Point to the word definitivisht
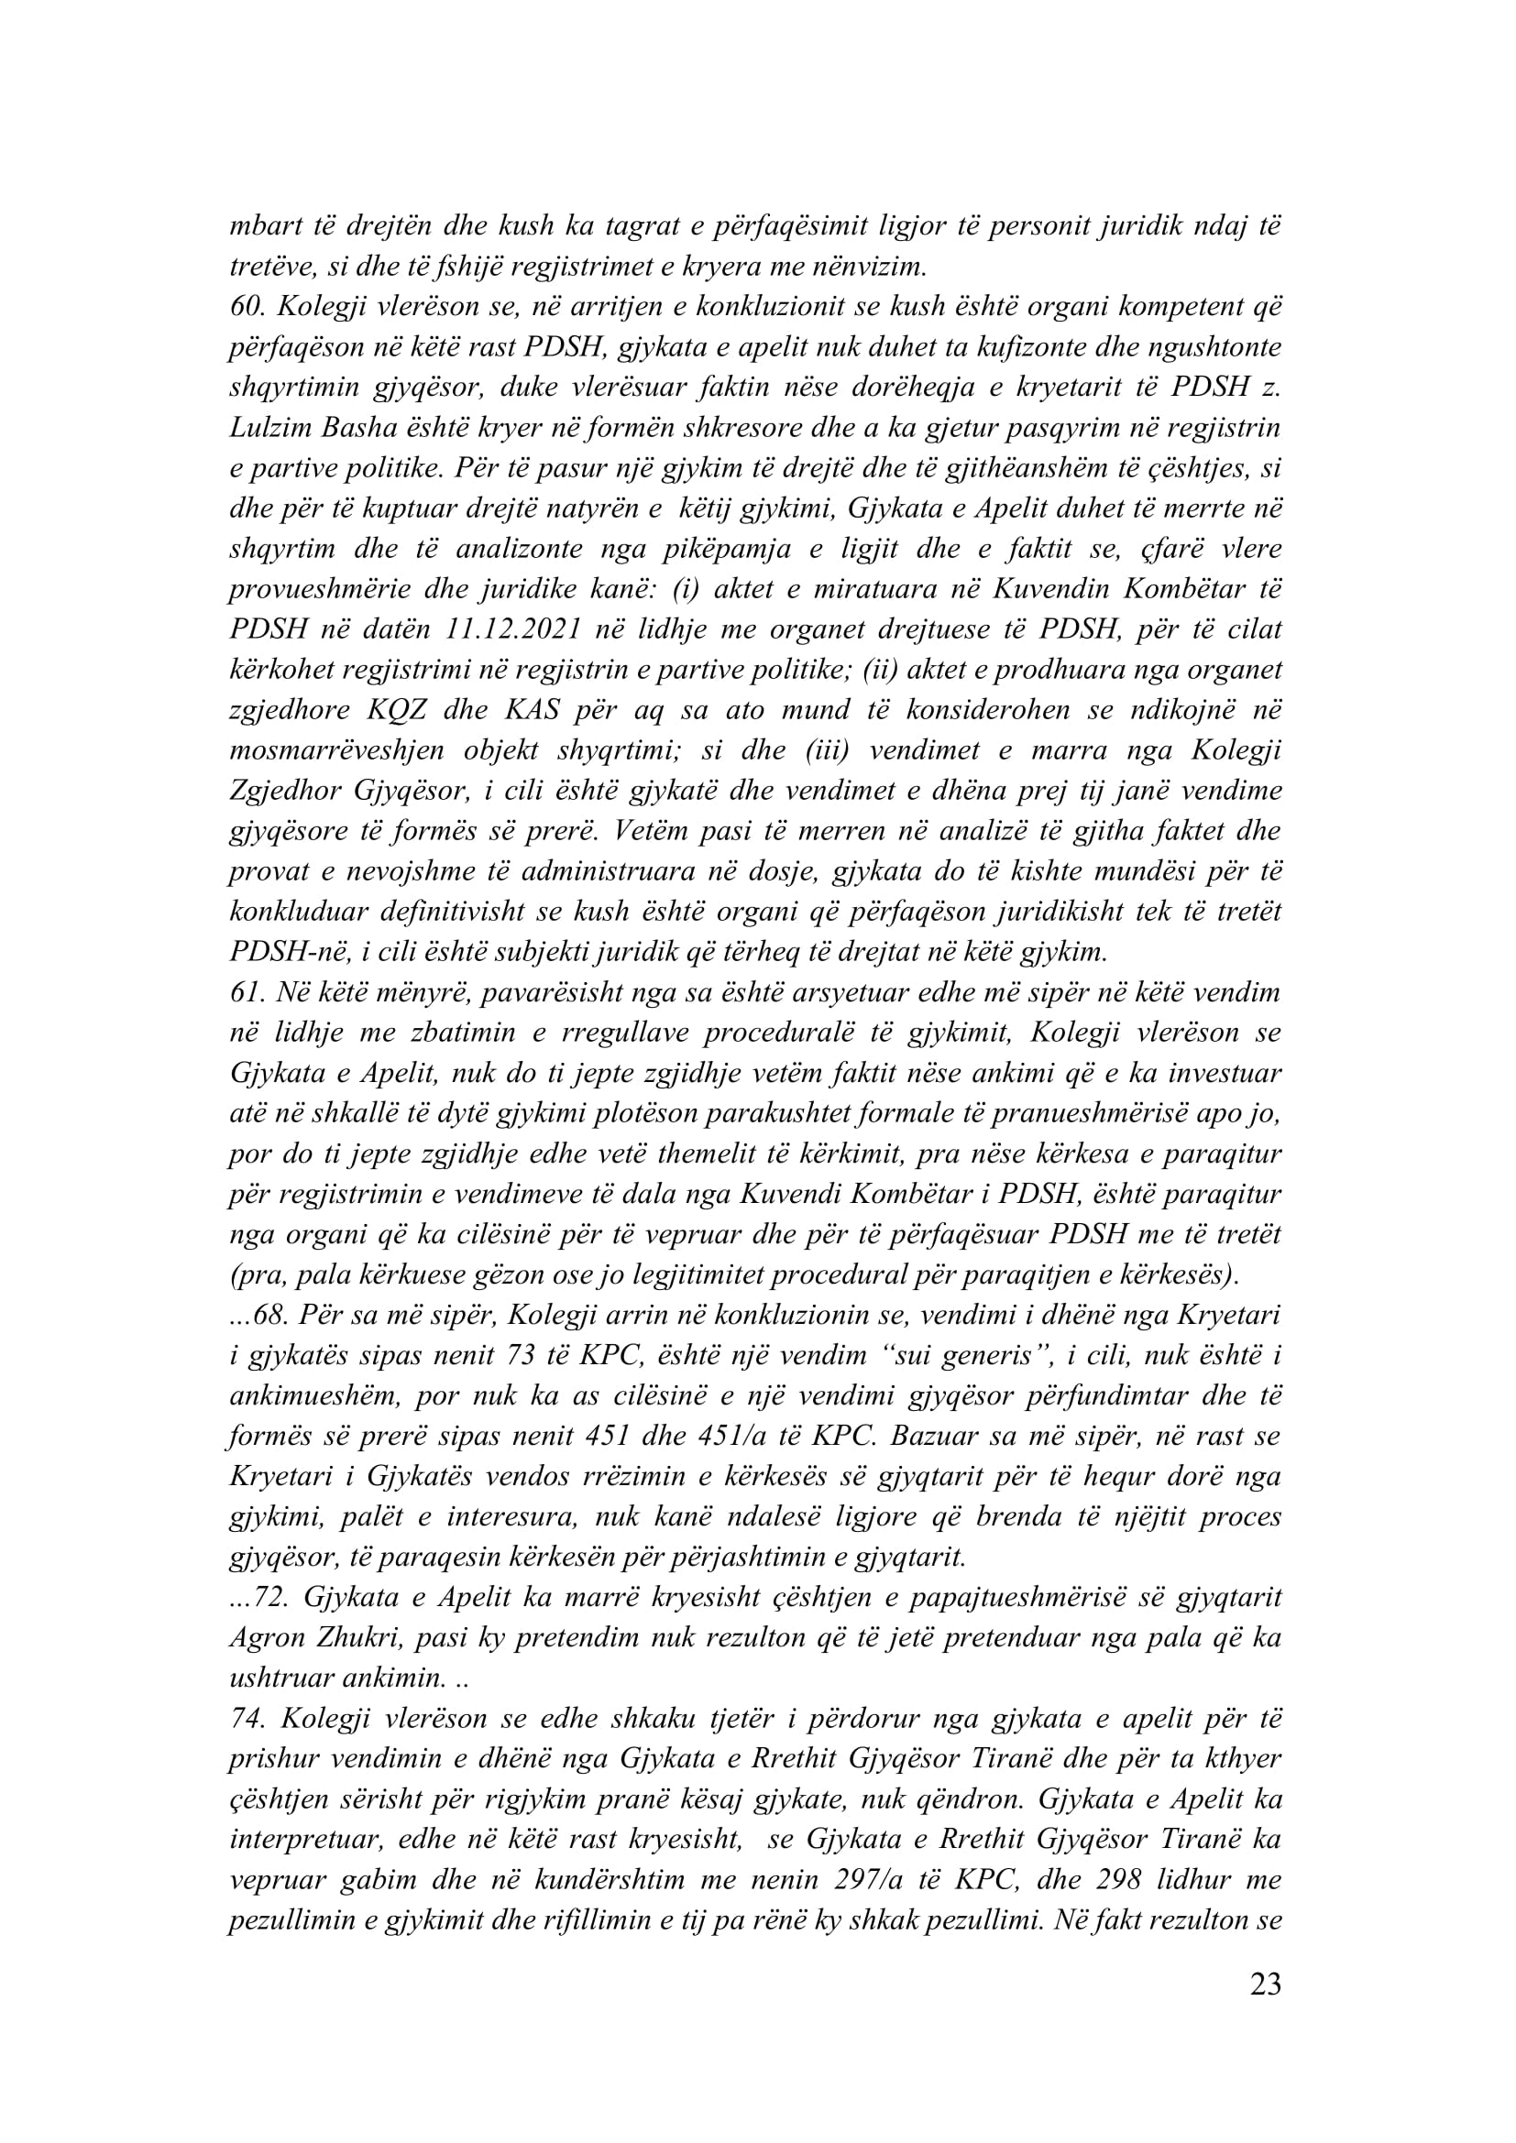coord(438,912)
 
